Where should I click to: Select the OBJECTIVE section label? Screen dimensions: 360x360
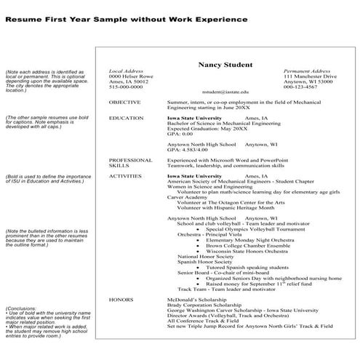coord(124,103)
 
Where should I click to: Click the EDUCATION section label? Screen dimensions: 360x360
coord(126,117)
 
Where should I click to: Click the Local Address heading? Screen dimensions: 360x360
coord(125,71)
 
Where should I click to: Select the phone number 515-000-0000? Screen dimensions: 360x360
coord(127,87)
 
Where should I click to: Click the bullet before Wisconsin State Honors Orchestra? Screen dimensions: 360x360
coord(199,251)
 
